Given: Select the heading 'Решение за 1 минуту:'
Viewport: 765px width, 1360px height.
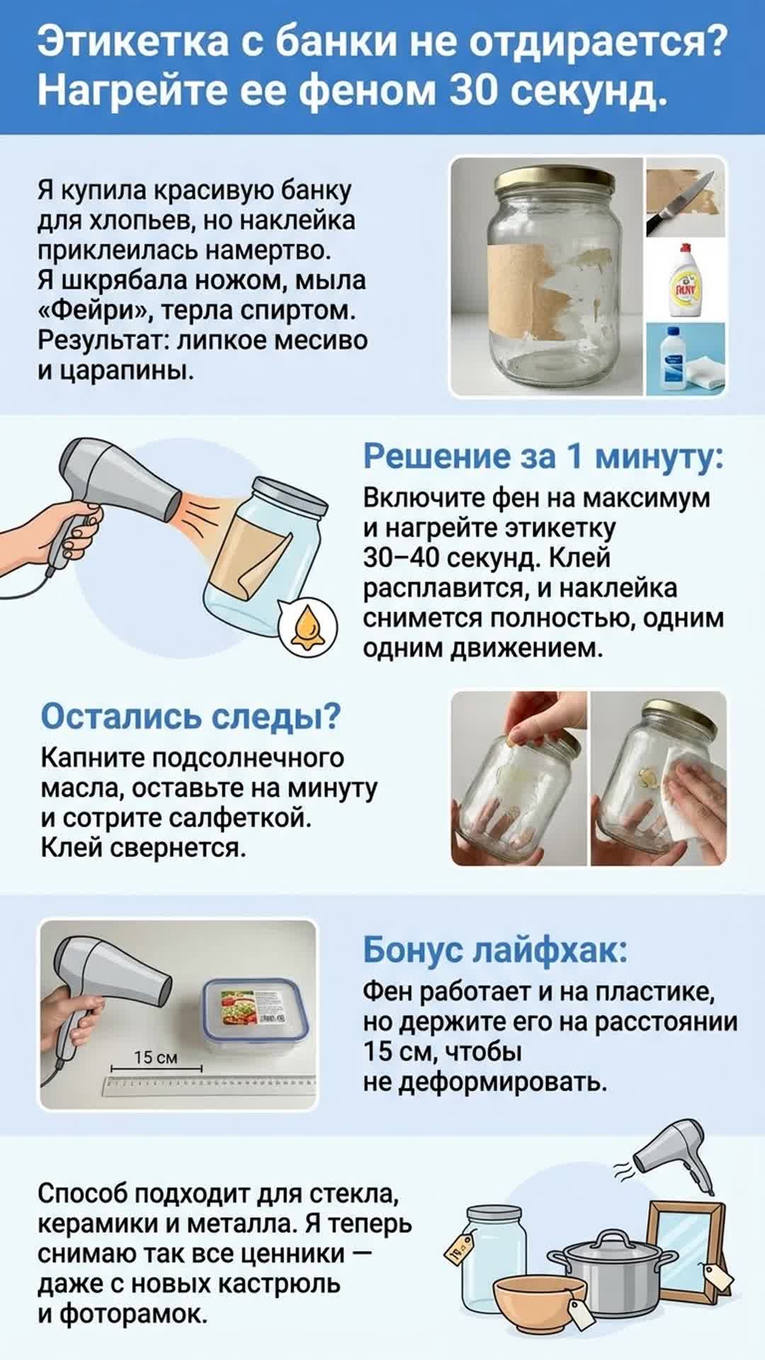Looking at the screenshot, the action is pos(543,457).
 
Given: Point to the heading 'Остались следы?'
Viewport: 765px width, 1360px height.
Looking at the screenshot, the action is pos(191,716).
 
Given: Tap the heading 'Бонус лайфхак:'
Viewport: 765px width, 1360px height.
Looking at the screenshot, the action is pos(495,950).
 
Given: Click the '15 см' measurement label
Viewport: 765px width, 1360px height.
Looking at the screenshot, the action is pos(156,1058).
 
